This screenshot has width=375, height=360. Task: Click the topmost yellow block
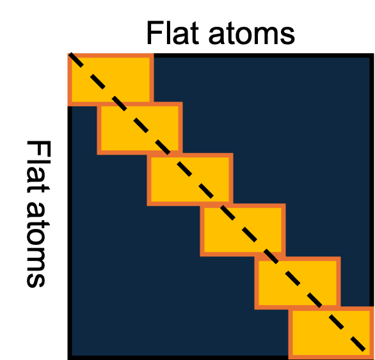click(x=111, y=79)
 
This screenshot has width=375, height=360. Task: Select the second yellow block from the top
click(x=140, y=129)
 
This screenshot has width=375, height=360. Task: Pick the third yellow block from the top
click(x=190, y=179)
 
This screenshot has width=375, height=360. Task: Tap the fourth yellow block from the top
click(x=243, y=230)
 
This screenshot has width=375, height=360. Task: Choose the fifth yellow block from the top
click(x=298, y=283)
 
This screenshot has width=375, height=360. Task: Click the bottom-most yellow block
click(x=331, y=333)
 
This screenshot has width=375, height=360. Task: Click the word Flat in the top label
click(x=173, y=33)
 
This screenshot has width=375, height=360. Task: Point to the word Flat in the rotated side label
click(x=39, y=167)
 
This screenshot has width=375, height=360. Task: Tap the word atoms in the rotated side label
click(x=38, y=246)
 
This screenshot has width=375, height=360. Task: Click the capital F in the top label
click(x=156, y=33)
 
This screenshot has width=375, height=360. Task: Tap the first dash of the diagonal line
click(x=76, y=60)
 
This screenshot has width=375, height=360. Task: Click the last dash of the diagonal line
click(x=358, y=343)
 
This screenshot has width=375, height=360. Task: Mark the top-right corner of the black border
click(x=372, y=55)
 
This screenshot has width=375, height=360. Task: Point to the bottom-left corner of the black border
click(x=70, y=358)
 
